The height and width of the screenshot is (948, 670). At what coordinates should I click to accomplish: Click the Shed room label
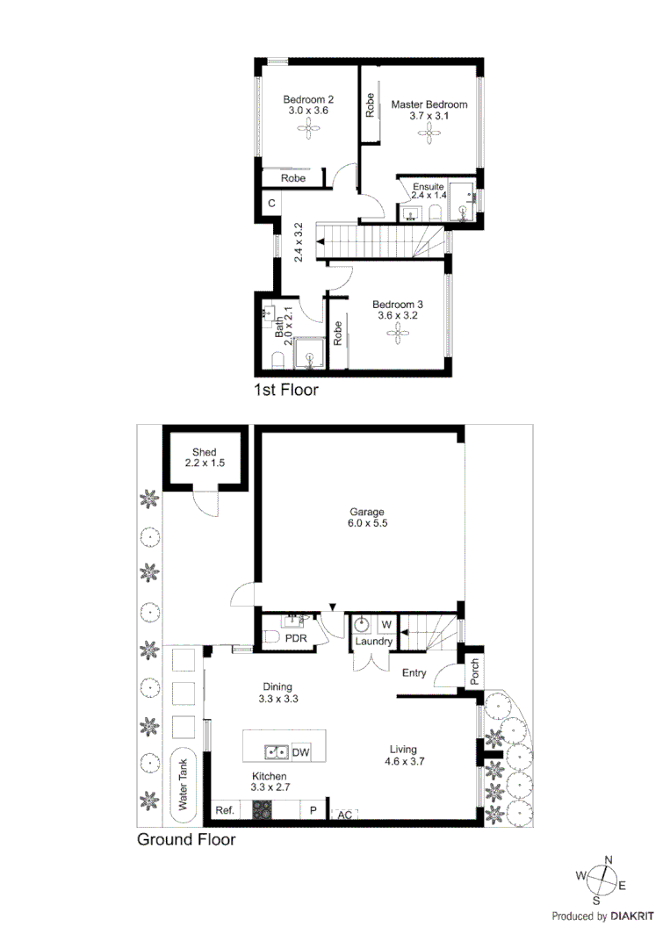pos(205,457)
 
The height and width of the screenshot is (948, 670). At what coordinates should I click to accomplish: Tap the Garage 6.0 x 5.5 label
pos(367,517)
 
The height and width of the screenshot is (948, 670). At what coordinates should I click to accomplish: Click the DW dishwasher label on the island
pos(300,752)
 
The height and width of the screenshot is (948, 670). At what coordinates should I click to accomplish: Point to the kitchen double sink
pos(277,752)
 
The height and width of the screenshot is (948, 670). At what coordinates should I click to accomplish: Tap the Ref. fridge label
pos(225,811)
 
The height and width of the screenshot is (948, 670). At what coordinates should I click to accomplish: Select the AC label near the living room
pos(345,815)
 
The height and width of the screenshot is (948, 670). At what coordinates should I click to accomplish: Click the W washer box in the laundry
pos(385,625)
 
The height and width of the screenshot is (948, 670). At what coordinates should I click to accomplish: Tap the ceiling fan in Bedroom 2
pos(307,131)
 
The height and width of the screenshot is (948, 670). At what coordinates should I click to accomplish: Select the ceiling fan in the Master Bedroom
pos(429,133)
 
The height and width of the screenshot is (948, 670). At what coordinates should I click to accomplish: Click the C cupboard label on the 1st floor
pos(272,204)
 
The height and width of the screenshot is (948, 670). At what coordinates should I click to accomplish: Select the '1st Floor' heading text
pos(285,390)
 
